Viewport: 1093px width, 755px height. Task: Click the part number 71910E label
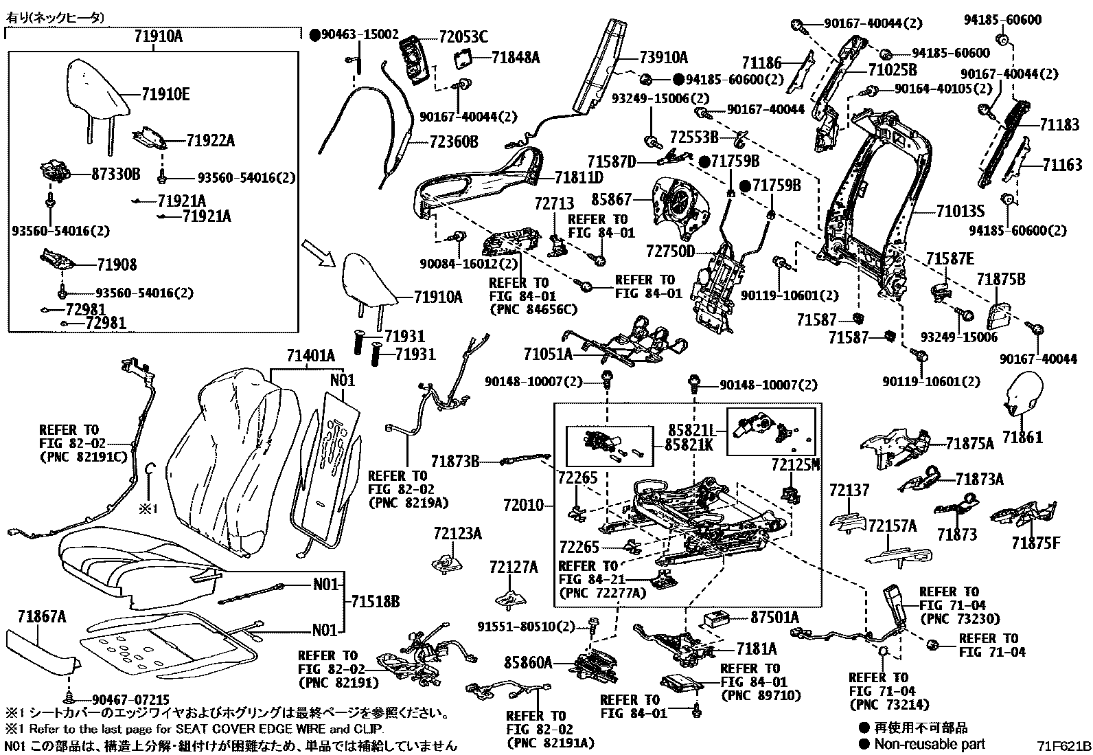165,95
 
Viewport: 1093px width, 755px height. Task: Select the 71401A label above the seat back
311,356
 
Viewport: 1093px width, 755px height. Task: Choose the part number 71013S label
960,212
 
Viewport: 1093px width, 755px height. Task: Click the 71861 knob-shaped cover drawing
1022,394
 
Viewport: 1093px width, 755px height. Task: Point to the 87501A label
774,618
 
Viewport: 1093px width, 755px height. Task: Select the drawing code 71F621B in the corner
1063,745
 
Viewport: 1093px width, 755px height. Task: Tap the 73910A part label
663,58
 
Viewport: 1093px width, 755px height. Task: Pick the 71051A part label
547,354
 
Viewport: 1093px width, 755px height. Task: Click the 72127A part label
514,567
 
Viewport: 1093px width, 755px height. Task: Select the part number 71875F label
1035,543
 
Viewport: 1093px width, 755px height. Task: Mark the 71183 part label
1059,124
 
